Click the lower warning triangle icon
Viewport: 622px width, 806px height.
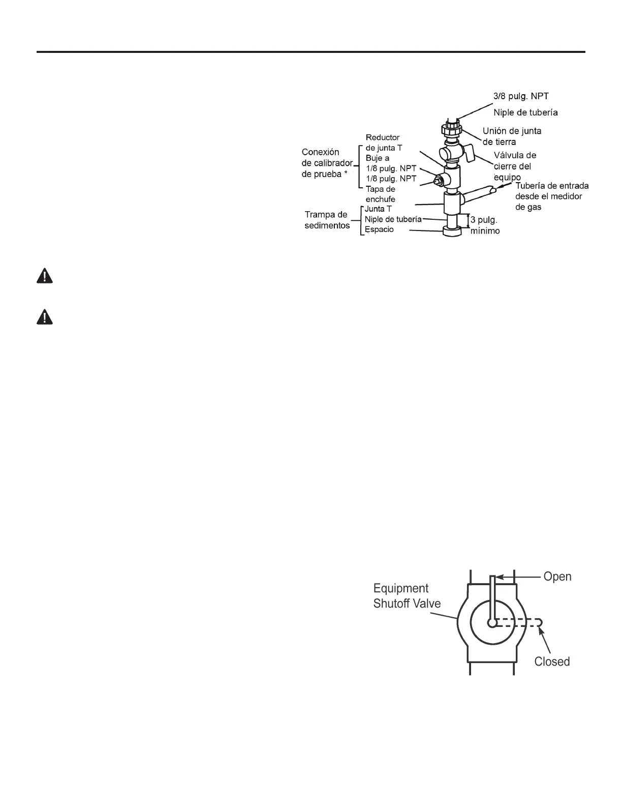point(45,318)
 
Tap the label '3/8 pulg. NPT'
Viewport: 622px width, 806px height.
point(521,96)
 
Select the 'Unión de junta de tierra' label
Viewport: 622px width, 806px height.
point(512,136)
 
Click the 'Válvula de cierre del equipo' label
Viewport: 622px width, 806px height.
point(515,166)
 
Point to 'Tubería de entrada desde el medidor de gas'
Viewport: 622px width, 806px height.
point(552,196)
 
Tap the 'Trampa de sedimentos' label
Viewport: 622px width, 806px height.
point(327,220)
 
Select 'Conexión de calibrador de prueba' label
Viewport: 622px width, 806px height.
point(327,162)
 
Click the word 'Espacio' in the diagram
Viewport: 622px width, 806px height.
point(379,229)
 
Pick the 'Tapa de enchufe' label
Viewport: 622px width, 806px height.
point(380,194)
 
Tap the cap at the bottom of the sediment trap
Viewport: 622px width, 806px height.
point(452,232)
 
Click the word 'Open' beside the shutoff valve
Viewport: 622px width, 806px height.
point(557,577)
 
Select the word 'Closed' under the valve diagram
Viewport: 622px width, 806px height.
point(552,661)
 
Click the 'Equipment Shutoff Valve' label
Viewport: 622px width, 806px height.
point(407,596)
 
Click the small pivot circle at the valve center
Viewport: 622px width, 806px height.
point(491,623)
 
